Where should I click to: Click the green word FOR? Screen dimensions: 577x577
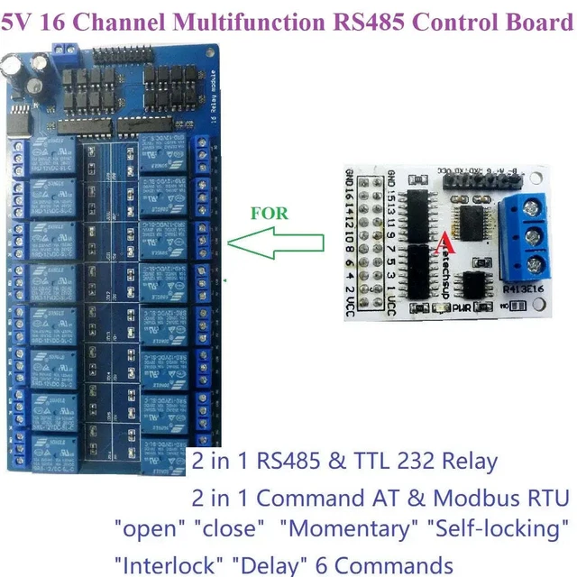click(270, 214)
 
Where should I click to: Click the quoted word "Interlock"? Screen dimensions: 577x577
click(169, 565)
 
